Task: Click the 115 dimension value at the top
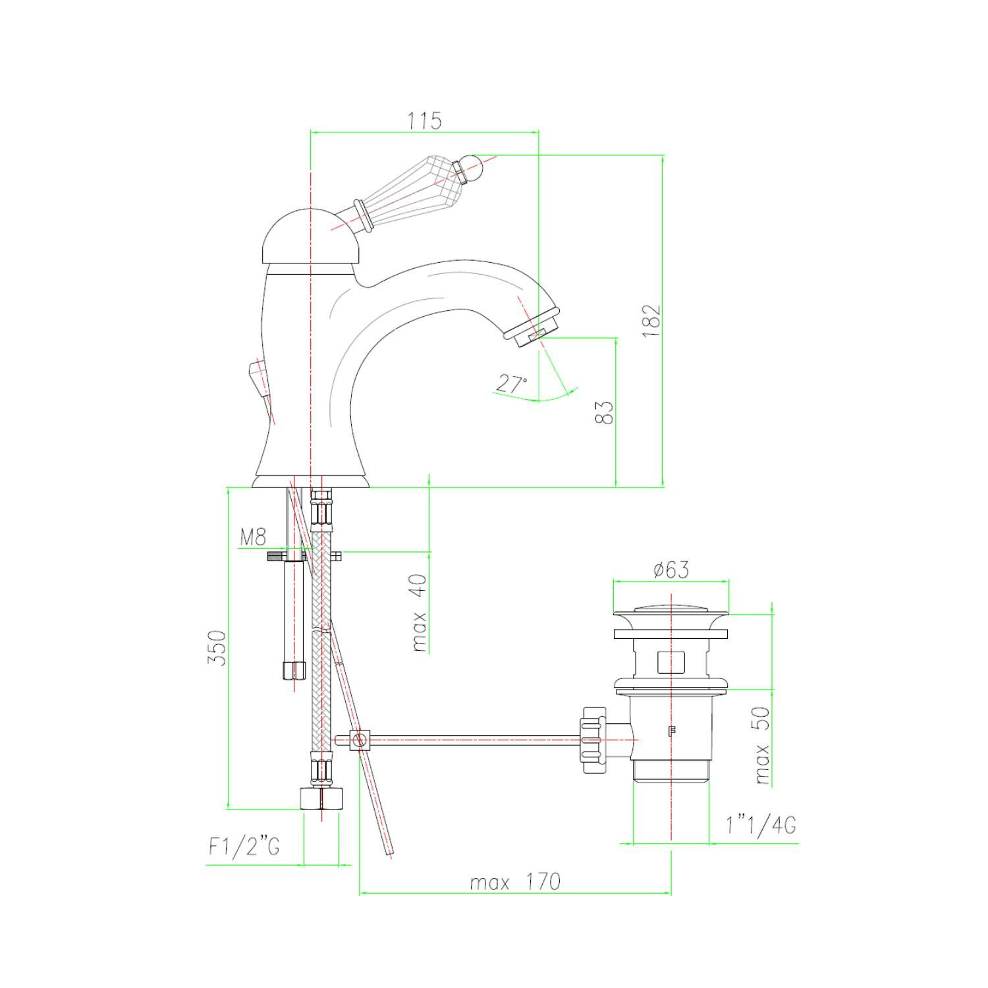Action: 424,121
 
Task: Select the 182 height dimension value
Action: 651,321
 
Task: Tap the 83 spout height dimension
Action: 607,412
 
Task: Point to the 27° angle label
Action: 511,384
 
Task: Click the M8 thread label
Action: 253,537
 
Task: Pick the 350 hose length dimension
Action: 217,648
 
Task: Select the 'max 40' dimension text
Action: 419,613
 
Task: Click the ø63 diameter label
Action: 671,569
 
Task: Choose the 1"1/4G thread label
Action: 761,825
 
